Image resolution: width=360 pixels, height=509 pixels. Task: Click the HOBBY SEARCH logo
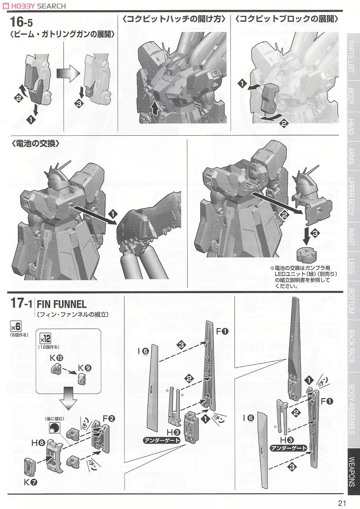(34, 6)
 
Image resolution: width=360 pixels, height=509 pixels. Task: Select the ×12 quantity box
(45, 339)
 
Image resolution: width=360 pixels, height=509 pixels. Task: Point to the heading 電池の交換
(36, 143)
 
